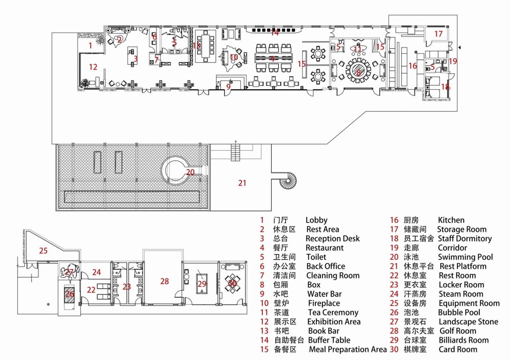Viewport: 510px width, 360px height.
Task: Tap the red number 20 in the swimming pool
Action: (x=190, y=172)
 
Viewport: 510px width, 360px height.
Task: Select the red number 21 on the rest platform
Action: (x=242, y=183)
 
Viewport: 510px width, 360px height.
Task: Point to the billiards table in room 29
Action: (x=202, y=284)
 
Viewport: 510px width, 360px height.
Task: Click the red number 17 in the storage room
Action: (x=438, y=34)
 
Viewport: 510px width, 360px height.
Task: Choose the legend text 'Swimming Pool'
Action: (x=465, y=257)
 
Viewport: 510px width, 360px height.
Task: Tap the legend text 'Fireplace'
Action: (x=324, y=303)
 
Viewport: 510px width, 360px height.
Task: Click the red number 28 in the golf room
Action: (x=165, y=281)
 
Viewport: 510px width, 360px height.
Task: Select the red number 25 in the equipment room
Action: (x=43, y=251)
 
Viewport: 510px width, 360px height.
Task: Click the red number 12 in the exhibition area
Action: (x=93, y=67)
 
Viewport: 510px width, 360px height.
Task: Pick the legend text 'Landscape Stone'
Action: (x=468, y=322)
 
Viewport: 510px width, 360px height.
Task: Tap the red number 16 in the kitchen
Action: (x=412, y=66)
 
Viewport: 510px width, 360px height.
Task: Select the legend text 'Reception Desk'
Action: (x=332, y=239)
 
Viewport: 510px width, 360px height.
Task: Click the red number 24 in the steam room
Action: (x=96, y=272)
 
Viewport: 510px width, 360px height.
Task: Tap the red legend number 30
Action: (x=394, y=350)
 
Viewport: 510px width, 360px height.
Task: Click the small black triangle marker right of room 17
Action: (x=460, y=48)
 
